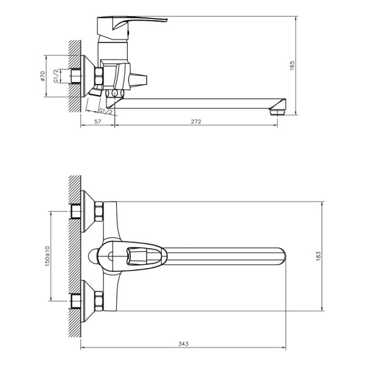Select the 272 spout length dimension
click(196, 122)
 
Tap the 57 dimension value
click(97, 122)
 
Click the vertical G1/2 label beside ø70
click(56, 76)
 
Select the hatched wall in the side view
click(74, 76)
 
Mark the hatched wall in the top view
click(74, 255)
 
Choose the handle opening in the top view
click(137, 255)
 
